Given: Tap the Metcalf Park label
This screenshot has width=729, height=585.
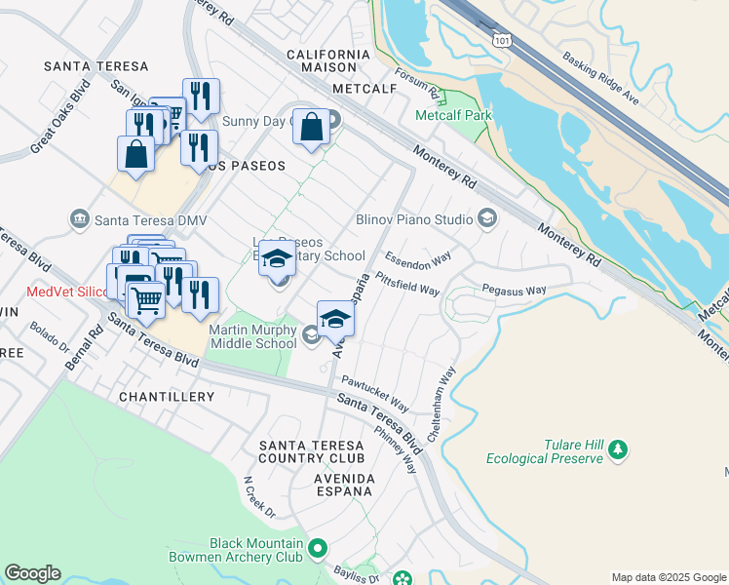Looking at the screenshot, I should point(453,115).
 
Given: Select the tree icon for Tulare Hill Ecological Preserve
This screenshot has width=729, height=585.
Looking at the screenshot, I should point(616,449).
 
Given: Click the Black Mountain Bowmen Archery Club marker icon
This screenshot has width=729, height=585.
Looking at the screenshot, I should point(316,551).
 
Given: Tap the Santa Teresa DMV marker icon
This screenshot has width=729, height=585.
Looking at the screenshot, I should point(80,217).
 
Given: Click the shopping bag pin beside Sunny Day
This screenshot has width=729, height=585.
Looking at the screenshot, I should point(311,128).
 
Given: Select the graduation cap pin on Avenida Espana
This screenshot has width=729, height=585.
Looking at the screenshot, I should point(334,320).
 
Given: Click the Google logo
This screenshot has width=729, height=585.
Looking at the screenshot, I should point(32,573).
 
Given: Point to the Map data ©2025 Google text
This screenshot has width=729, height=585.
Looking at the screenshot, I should point(668,577).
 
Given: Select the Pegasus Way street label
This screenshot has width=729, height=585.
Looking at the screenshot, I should point(514,290).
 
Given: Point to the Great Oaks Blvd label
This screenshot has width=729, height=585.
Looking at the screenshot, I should point(53,123).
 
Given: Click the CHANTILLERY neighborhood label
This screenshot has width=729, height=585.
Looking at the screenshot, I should point(166,397).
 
